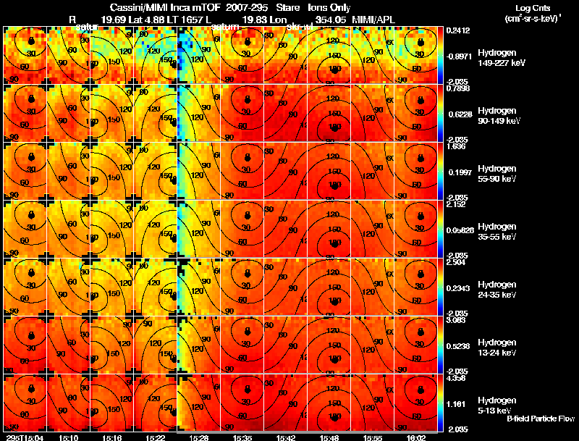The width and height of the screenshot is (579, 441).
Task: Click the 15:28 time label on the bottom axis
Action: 200,437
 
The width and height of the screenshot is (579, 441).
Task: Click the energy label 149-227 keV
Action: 496,63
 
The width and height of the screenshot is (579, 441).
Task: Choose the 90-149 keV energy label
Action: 496,121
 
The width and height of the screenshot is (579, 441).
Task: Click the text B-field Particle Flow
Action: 540,419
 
